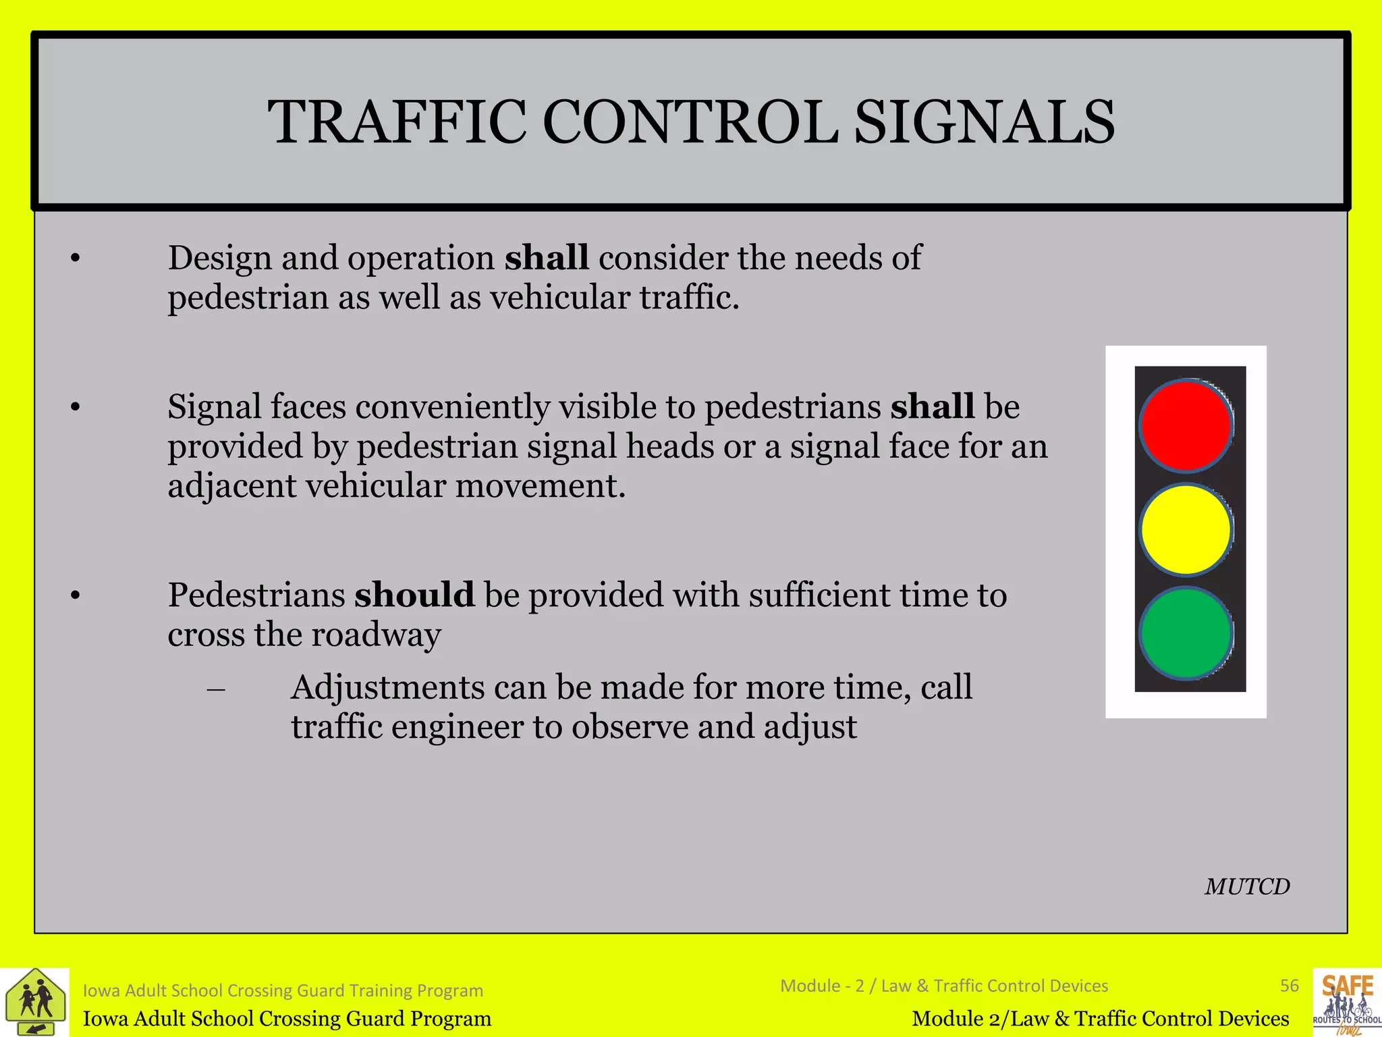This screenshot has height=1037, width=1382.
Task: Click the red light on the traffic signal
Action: [1186, 425]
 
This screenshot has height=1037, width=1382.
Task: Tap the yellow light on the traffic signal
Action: [1186, 529]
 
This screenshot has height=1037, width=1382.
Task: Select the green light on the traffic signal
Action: [1186, 633]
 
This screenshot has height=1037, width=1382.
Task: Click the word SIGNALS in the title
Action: [984, 122]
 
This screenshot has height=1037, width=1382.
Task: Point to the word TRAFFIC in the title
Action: [397, 122]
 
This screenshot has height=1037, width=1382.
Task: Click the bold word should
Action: [414, 595]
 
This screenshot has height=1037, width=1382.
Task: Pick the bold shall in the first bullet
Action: [547, 259]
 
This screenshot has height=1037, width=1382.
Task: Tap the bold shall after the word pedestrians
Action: [932, 407]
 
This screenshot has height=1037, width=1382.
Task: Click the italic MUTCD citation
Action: [1247, 886]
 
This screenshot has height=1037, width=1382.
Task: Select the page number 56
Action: [1289, 986]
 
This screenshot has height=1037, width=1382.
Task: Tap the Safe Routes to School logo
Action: [1347, 1003]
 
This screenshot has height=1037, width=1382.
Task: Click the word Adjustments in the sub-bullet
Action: [387, 688]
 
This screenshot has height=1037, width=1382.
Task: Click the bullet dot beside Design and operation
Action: [76, 259]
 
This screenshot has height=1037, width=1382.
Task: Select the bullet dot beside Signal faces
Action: [76, 407]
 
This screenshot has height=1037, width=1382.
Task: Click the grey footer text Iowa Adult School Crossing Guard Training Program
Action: [283, 990]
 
